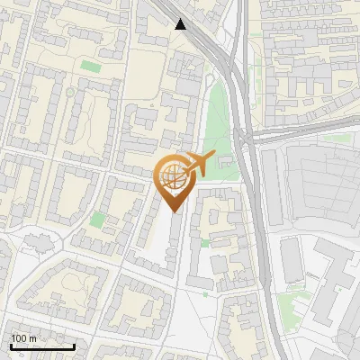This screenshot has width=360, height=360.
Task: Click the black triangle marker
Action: tap(181, 24)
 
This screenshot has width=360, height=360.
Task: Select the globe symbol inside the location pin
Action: tap(172, 177)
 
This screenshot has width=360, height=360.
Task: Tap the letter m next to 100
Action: tap(31, 337)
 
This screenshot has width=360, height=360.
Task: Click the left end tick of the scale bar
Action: tap(10, 346)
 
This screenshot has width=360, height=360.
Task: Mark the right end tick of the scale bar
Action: tap(73, 346)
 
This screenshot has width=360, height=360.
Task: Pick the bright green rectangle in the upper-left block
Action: tap(91, 67)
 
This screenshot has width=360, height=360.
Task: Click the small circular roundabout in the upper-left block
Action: tap(70, 92)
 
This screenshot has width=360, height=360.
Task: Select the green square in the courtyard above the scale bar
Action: tap(97, 219)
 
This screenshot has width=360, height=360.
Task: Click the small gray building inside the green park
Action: tap(220, 162)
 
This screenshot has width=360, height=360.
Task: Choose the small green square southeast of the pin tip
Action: tap(204, 243)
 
